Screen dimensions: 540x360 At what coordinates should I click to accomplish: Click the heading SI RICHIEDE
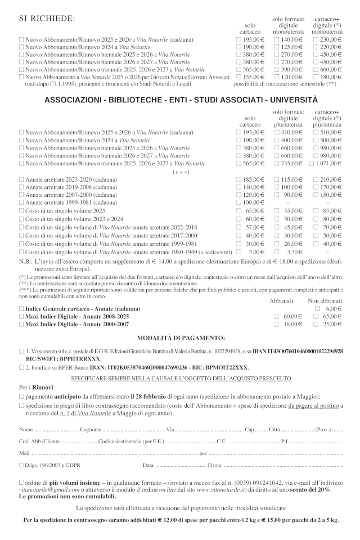tap(47, 19)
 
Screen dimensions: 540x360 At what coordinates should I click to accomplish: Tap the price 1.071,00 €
tap(328, 163)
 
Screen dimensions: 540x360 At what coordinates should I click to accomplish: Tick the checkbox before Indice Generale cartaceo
tap(21, 309)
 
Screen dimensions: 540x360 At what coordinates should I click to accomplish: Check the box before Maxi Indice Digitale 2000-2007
tap(21, 325)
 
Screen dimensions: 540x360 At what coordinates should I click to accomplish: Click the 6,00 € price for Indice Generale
tap(334, 309)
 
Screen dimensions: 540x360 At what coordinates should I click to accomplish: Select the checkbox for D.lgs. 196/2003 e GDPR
tap(21, 465)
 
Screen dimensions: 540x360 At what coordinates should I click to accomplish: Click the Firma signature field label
tap(214, 465)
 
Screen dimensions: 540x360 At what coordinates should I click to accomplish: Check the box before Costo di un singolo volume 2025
tap(21, 210)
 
